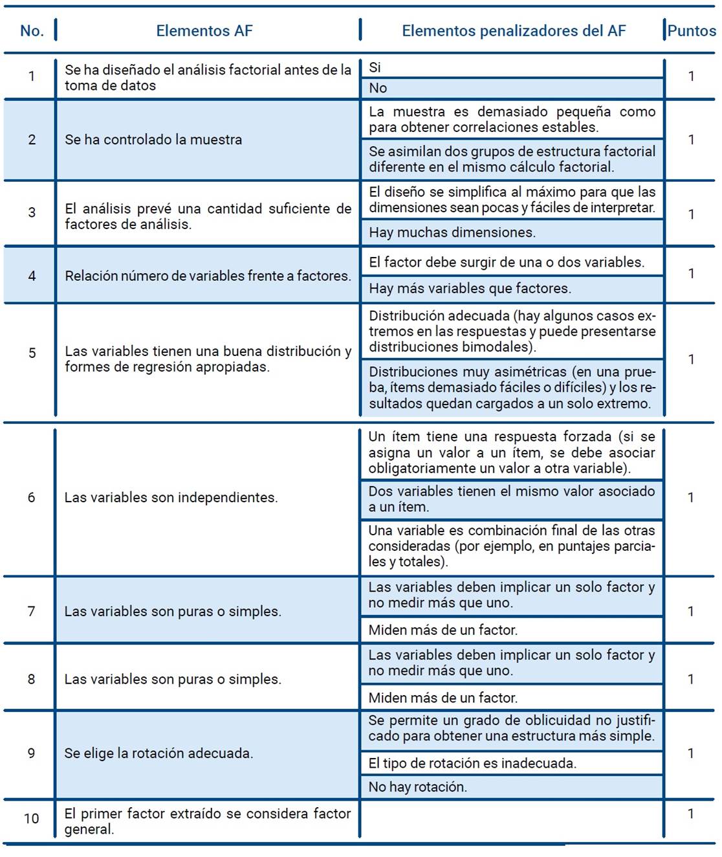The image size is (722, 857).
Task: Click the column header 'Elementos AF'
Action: pyautogui.click(x=204, y=30)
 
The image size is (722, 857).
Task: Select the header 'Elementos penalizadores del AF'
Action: pyautogui.click(x=514, y=30)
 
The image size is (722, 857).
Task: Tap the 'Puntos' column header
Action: pyautogui.click(x=691, y=30)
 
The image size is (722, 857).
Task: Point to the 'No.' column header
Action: pyautogui.click(x=32, y=30)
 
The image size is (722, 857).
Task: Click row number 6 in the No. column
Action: pyautogui.click(x=31, y=497)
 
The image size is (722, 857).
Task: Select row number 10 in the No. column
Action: pyautogui.click(x=31, y=818)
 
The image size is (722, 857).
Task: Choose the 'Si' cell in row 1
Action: pyautogui.click(x=375, y=67)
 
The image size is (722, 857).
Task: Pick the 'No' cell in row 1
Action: pyautogui.click(x=378, y=88)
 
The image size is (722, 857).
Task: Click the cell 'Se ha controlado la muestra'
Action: pyautogui.click(x=153, y=139)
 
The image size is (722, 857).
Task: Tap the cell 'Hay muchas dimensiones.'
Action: pyautogui.click(x=452, y=232)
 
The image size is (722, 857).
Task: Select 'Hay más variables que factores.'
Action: pyautogui.click(x=470, y=288)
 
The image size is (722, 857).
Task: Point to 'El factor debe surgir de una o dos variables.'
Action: pyautogui.click(x=507, y=262)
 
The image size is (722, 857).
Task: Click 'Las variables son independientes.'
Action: pyautogui.click(x=171, y=497)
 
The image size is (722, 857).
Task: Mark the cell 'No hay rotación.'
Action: pyautogui.click(x=417, y=786)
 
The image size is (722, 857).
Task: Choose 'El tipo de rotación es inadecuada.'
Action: pyautogui.click(x=472, y=763)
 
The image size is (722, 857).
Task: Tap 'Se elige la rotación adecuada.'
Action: pyautogui.click(x=159, y=753)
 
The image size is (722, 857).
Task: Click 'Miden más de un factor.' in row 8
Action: pyautogui.click(x=443, y=698)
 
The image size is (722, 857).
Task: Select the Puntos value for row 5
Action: pyautogui.click(x=691, y=359)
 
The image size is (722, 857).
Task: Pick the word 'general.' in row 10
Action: pyautogui.click(x=89, y=829)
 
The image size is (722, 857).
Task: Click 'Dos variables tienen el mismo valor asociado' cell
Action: pyautogui.click(x=511, y=499)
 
